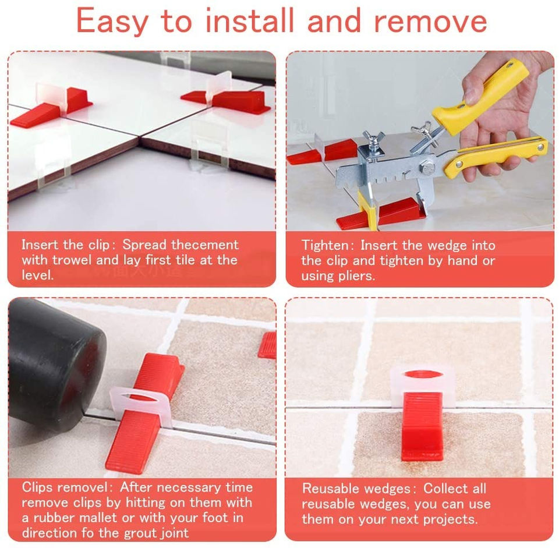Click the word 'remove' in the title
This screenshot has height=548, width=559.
(430, 22)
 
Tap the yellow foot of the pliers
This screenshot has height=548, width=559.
(367, 211)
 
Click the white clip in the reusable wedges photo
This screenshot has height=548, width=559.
(423, 386)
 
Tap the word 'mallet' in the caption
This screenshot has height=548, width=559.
(98, 518)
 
